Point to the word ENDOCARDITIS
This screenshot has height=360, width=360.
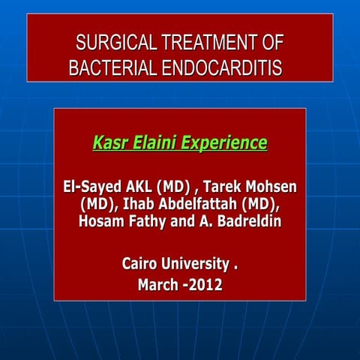point(217,68)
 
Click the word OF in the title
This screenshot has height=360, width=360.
point(271,42)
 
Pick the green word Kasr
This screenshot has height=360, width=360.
point(110,142)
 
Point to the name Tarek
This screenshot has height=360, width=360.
point(222,187)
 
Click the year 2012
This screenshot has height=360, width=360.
point(205,285)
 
